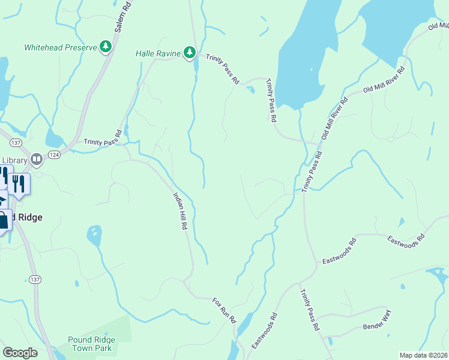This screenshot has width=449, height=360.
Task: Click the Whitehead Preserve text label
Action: point(60,47)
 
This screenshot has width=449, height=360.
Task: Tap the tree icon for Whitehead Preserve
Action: point(106,47)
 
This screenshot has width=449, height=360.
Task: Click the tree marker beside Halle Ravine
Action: point(190,53)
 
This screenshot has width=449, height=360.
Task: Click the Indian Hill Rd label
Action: point(181,212)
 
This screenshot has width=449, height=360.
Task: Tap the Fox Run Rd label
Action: point(224,310)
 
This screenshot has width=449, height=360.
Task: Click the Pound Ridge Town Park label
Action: point(91,344)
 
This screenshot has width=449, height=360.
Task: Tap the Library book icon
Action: point(37,159)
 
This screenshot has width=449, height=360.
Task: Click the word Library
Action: point(14,160)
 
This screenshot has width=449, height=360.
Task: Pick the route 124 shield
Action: point(55,155)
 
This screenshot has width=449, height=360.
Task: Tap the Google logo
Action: point(20,352)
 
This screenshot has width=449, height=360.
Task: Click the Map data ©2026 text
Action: point(423,355)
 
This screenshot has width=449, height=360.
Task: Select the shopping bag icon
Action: point(4,220)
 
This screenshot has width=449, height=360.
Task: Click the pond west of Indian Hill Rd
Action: point(94,235)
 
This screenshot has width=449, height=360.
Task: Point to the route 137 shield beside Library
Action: point(16,142)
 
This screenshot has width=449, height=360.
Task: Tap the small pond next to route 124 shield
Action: point(54,140)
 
